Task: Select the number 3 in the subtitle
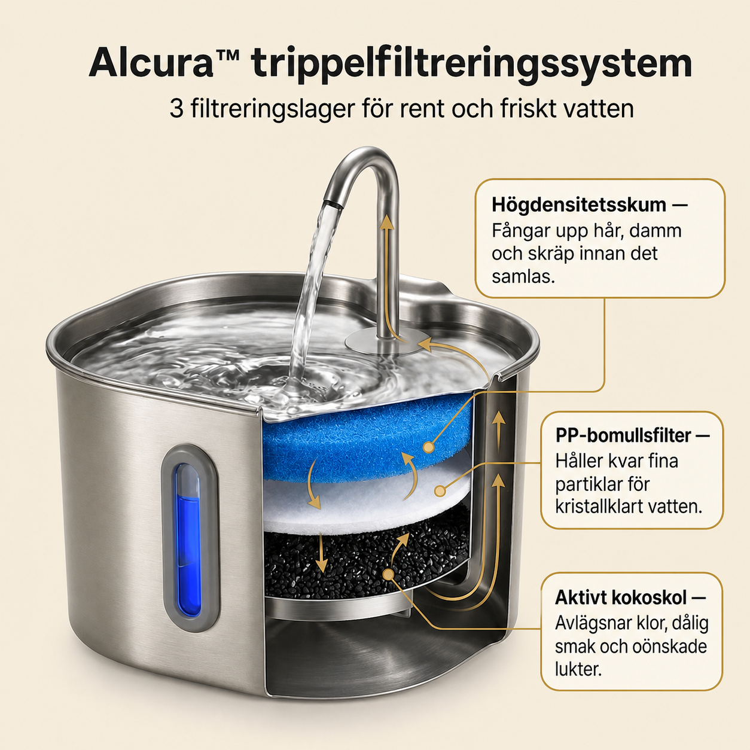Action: pos(176,109)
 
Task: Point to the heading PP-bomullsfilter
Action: pos(623,435)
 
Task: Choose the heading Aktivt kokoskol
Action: pos(620,597)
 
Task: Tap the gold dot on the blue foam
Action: pos(428,447)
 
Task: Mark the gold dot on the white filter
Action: pos(440,491)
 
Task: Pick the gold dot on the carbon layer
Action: pos(388,574)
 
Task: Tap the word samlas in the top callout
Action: pos(523,277)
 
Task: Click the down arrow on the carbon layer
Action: pos(321,553)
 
